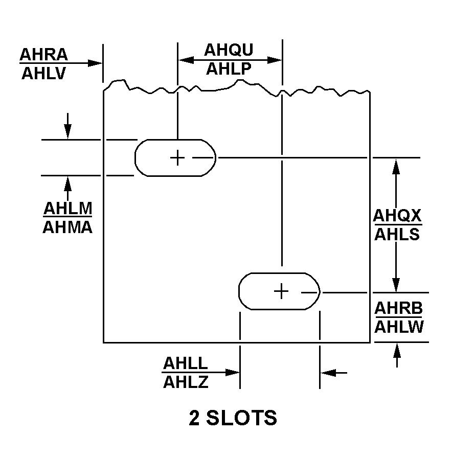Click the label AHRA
point(43,54)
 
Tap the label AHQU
point(229,50)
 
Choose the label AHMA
point(67,227)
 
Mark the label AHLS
point(397,234)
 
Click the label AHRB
point(399,309)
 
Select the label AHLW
point(399,327)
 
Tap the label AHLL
point(186,363)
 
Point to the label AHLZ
point(186,382)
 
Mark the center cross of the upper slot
point(177,157)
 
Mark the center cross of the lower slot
point(281,291)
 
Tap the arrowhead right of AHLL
point(327,373)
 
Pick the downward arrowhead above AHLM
point(67,132)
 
